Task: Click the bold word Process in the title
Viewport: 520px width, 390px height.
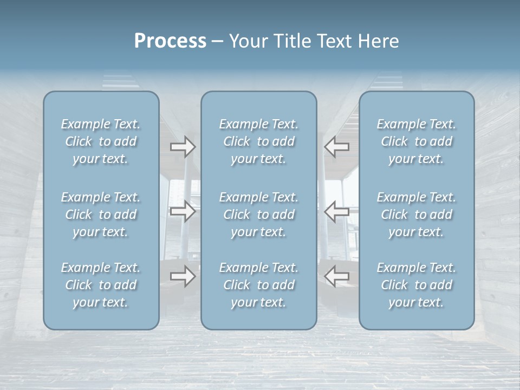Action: coord(170,41)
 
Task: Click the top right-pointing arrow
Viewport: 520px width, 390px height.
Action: coord(183,147)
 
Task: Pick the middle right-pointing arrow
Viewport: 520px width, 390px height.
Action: coord(183,211)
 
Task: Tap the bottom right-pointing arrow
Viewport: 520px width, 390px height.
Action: coord(183,276)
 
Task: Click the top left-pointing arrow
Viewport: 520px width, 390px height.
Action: coord(337,147)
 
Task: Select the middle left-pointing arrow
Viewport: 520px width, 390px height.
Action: coord(337,211)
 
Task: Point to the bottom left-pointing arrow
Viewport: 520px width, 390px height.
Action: coord(337,276)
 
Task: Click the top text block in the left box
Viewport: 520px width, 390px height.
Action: coord(101,141)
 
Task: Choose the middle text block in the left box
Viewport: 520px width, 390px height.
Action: coord(101,214)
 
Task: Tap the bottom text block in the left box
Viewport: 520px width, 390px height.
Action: coord(101,285)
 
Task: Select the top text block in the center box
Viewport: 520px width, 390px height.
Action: coord(258,141)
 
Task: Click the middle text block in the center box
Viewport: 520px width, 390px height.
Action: coord(258,214)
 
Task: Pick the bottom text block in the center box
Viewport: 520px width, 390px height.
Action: coord(258,285)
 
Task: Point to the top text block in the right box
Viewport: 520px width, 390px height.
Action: coord(416,141)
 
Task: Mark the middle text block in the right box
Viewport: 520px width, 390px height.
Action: coord(416,214)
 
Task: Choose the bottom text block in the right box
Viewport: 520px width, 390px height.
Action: coord(416,285)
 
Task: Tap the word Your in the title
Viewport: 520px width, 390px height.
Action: coord(248,41)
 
